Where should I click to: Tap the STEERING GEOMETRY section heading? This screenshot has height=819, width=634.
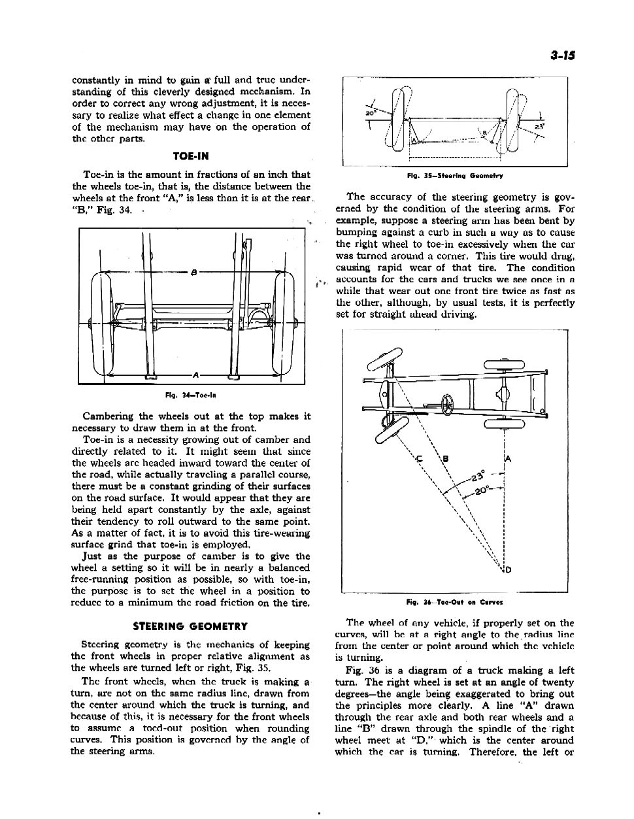pyautogui.click(x=190, y=626)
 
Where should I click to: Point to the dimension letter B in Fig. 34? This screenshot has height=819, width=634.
pyautogui.click(x=194, y=273)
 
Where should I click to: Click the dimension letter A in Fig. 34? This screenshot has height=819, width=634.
pyautogui.click(x=195, y=375)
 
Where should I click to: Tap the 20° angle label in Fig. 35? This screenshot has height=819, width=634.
pyautogui.click(x=369, y=113)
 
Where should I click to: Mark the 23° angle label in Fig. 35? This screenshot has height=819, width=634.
pyautogui.click(x=539, y=126)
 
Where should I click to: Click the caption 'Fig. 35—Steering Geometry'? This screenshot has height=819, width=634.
pyautogui.click(x=455, y=176)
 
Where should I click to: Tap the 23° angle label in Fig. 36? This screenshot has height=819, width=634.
pyautogui.click(x=478, y=475)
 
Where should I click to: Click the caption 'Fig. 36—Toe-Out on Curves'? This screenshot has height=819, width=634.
pyautogui.click(x=454, y=602)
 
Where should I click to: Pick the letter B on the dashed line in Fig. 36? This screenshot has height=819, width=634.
pyautogui.click(x=446, y=459)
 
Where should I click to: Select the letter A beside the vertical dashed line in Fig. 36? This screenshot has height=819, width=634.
pyautogui.click(x=508, y=459)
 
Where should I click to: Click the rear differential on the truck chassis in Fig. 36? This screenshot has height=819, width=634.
pyautogui.click(x=505, y=394)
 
